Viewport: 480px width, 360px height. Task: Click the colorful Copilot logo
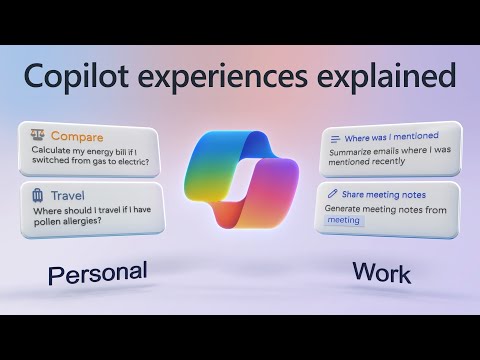(240, 175)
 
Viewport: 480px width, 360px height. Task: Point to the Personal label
(97, 272)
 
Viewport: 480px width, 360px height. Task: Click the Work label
(381, 271)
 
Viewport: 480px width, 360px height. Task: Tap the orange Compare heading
(76, 135)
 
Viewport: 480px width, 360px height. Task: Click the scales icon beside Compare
(38, 135)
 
